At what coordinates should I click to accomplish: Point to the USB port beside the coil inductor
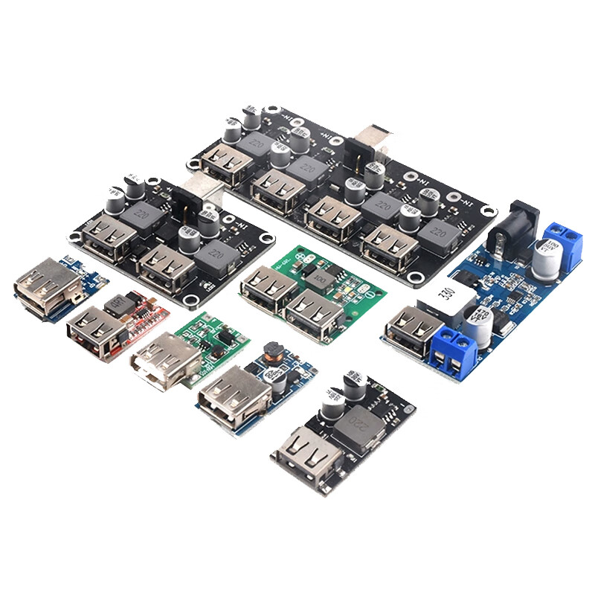tap(224, 394)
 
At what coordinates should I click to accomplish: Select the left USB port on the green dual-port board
tap(263, 287)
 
